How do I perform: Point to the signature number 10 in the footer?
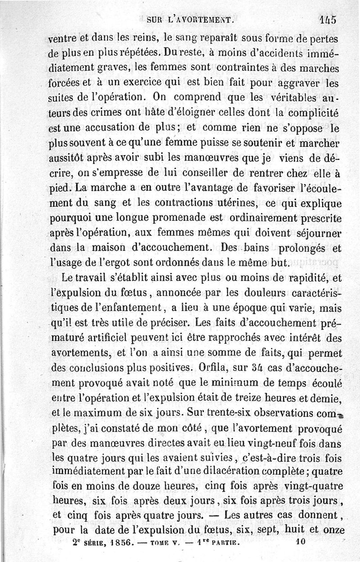coord(301,543)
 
